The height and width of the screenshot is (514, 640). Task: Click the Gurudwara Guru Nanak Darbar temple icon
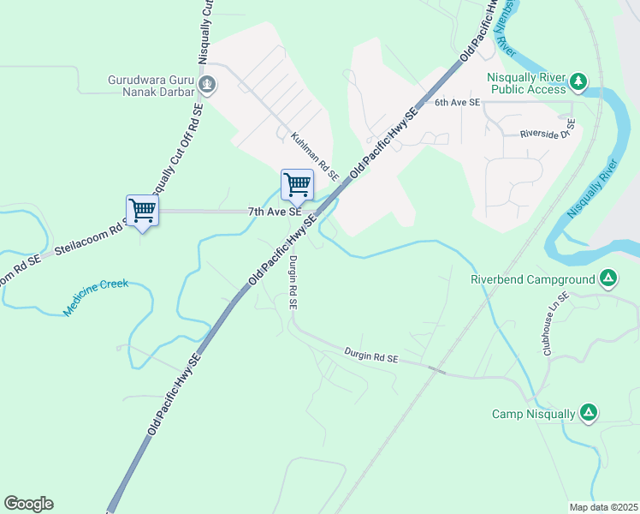(x=207, y=85)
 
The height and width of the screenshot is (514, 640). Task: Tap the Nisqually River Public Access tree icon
(x=580, y=81)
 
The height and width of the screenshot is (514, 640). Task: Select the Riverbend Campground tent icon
(x=607, y=278)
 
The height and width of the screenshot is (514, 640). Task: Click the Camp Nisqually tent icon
(x=588, y=413)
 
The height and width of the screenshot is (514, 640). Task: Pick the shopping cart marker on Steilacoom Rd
(x=142, y=210)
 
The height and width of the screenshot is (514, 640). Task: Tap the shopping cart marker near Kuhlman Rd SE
(x=297, y=183)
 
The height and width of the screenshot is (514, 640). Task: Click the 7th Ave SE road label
(x=275, y=211)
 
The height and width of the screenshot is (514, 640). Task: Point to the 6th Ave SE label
(x=458, y=102)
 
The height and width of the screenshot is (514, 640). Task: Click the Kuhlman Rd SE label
(x=314, y=155)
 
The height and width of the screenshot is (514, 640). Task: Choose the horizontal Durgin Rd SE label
(x=371, y=355)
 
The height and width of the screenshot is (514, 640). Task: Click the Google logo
(x=28, y=504)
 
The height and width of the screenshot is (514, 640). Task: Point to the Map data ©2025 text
(x=602, y=507)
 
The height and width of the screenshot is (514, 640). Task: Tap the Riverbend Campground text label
(x=532, y=278)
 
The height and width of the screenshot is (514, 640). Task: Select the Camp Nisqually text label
(x=533, y=414)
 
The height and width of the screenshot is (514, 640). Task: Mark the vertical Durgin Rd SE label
(x=292, y=282)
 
